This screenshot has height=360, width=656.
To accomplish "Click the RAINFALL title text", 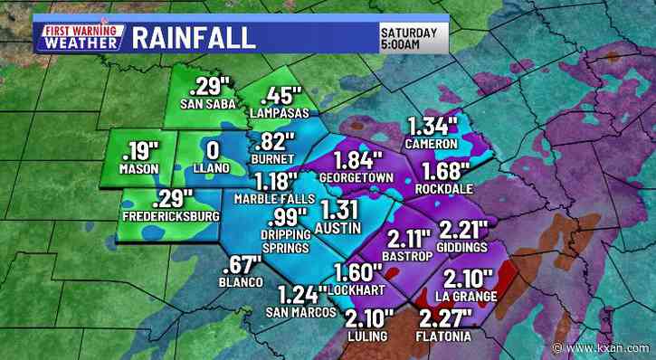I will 193,38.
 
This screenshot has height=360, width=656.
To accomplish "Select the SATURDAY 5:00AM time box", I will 408,36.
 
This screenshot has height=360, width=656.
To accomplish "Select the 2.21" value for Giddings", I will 462,229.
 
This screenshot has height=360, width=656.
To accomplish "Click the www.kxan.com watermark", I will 607,347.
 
